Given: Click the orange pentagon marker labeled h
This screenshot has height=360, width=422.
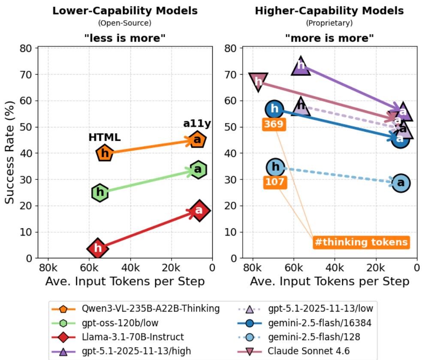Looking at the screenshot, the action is [105, 153].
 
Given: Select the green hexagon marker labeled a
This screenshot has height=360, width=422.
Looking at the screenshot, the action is [198, 169].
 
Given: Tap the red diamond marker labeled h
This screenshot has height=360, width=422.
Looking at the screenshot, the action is [98, 248].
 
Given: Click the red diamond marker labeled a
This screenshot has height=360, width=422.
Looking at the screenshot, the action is [199, 211].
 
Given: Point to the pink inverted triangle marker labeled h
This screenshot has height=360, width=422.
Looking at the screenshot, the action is [258, 81].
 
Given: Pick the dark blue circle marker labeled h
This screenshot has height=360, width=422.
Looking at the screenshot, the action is [274, 109].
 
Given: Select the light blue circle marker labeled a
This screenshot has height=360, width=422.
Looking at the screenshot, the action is [401, 183].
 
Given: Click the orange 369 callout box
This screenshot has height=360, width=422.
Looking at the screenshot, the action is [274, 124].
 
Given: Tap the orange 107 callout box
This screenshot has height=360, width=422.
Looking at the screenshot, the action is [275, 182].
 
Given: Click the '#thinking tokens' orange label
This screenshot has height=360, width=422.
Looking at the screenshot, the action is [361, 242].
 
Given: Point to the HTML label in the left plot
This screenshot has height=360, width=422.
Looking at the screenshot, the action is [104, 137].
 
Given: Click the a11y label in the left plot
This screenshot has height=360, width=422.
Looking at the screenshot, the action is [197, 124].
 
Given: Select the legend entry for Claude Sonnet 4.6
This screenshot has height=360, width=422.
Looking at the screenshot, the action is [294, 351].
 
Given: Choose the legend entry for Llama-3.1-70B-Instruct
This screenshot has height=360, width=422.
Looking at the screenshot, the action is [118, 337].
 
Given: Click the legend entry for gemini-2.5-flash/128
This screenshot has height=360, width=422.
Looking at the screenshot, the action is [299, 337].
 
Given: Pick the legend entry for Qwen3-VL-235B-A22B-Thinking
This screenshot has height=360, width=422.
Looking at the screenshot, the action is [136, 309].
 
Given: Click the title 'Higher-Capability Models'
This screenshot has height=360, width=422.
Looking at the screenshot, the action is [329, 11].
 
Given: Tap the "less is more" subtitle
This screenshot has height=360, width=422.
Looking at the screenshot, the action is [125, 38].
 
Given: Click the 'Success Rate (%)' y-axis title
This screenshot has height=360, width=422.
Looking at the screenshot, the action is [9, 152].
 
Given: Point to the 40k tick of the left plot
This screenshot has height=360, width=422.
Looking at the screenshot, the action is [130, 268].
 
